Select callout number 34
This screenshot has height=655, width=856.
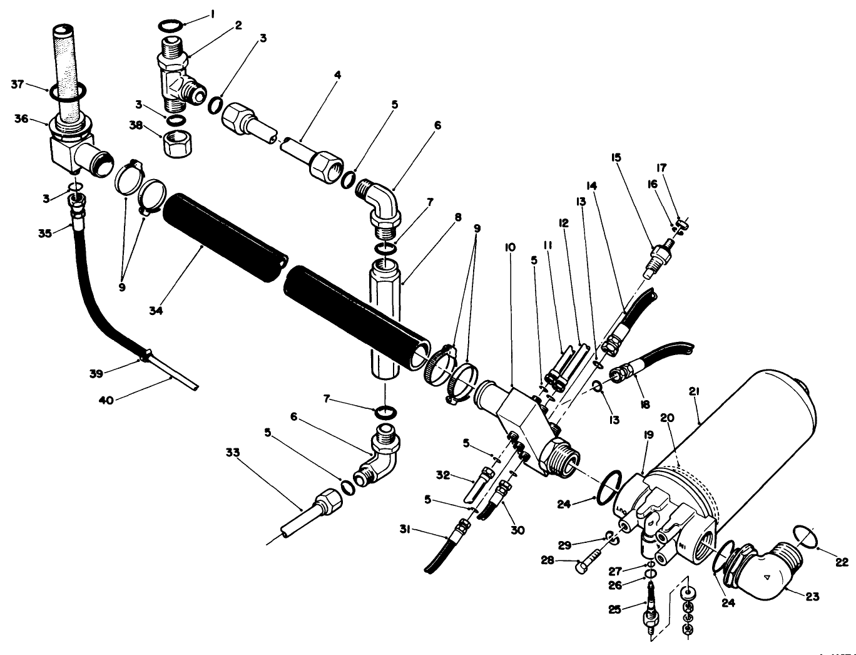[156, 310]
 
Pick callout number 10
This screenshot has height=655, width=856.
[511, 247]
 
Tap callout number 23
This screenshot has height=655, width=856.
[812, 597]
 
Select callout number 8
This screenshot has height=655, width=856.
[458, 218]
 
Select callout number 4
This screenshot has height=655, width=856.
[337, 74]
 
